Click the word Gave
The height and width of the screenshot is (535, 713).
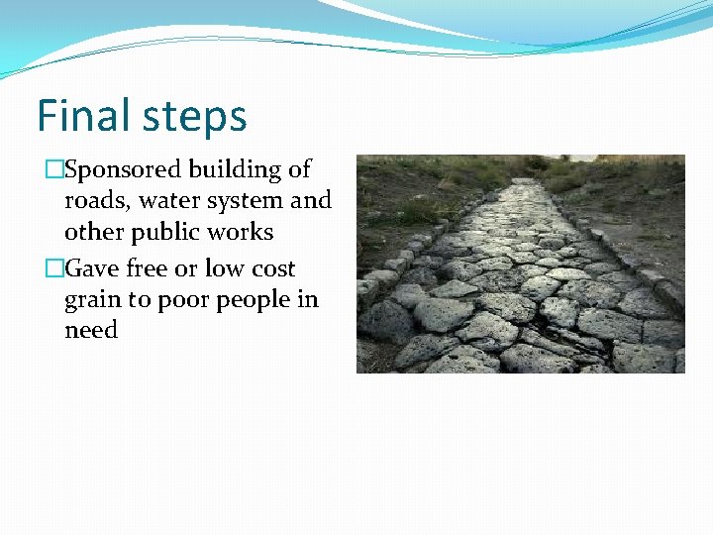[x=92, y=268]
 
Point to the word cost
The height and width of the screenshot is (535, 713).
[x=272, y=268]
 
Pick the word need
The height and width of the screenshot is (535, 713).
[x=91, y=330]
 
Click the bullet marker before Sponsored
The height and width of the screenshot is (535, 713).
[x=53, y=170]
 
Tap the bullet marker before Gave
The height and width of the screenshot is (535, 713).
[x=53, y=268]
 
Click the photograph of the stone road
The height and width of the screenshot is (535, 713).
[x=520, y=264]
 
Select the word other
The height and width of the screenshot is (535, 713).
[x=96, y=231]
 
